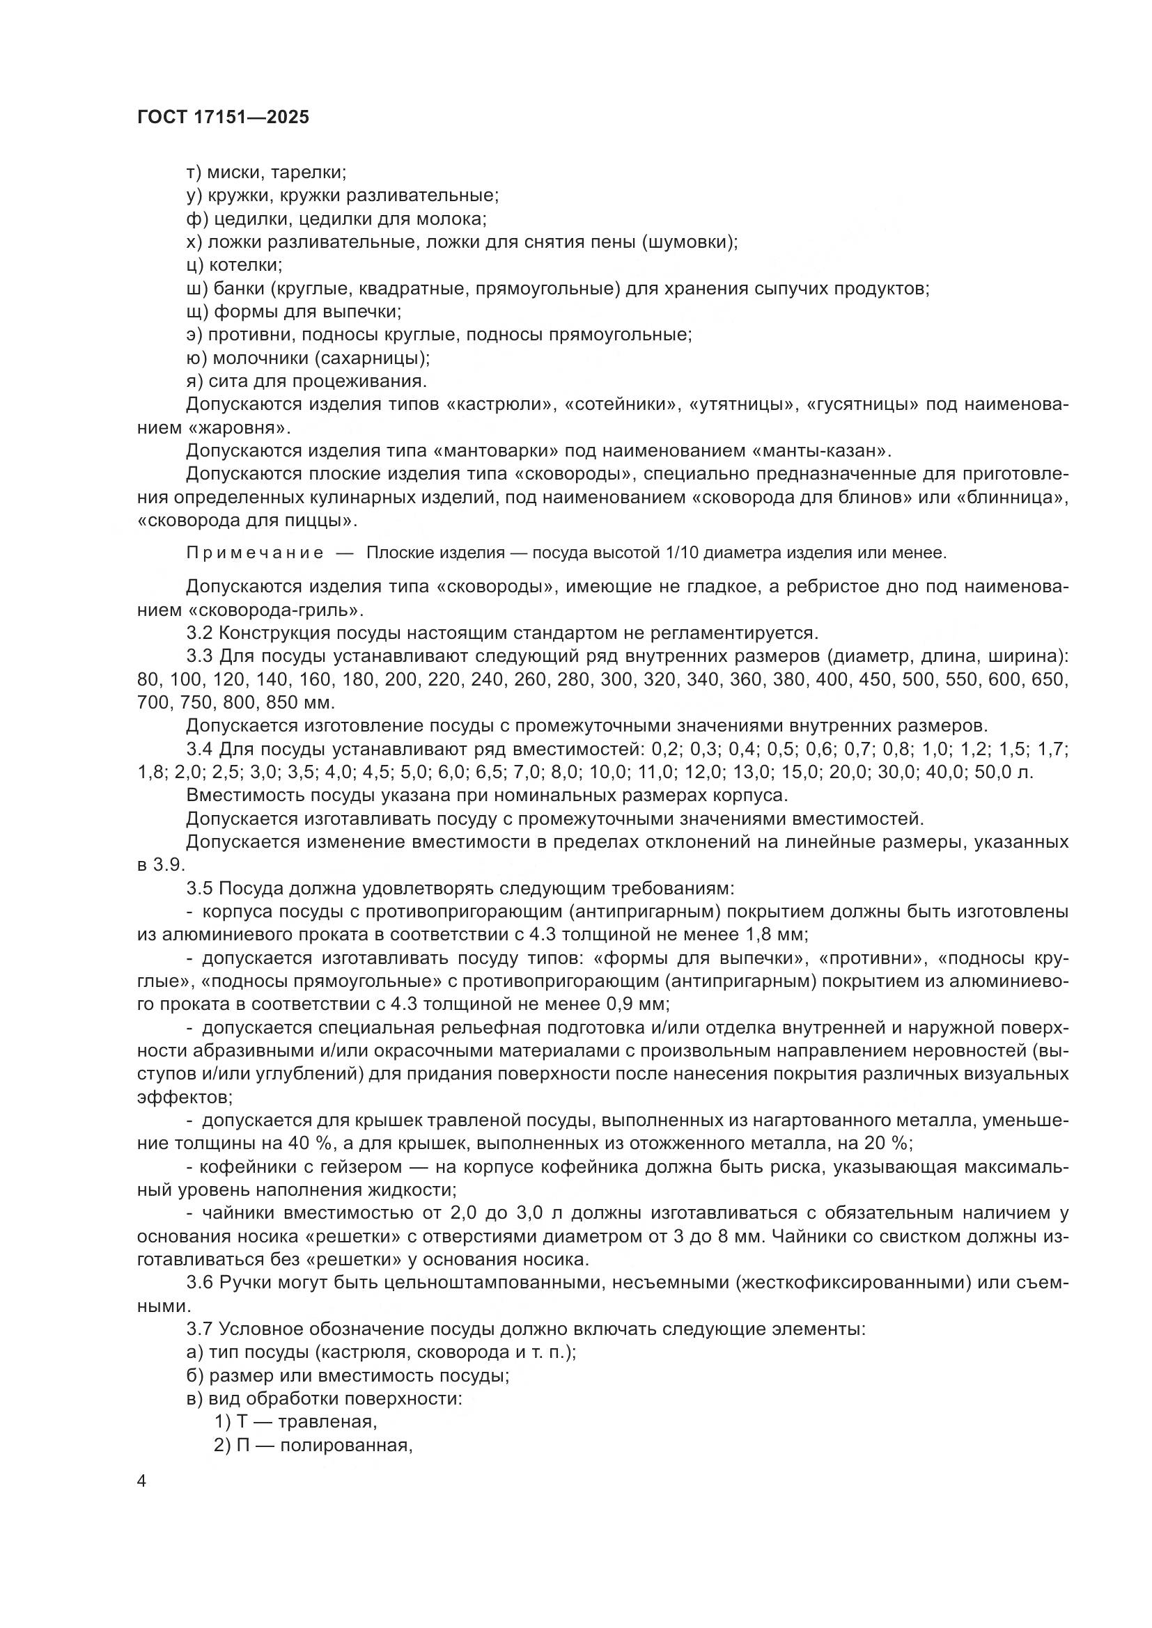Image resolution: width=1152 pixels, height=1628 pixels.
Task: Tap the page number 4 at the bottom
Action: [x=142, y=1482]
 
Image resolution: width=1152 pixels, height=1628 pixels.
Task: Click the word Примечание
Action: [x=255, y=553]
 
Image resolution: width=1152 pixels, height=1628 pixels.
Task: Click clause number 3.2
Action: [x=199, y=633]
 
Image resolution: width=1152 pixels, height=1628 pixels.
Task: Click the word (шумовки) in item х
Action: [x=689, y=242]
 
